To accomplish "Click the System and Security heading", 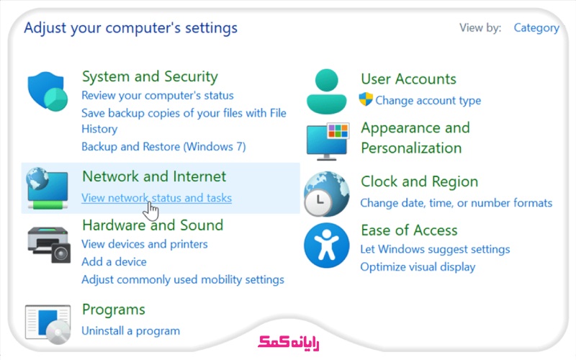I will coord(150,76).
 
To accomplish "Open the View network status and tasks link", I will coord(156,198).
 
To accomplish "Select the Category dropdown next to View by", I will coord(536,28).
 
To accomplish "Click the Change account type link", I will coord(428,101).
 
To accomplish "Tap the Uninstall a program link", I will coord(130,331).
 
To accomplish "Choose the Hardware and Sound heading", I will coord(153,225).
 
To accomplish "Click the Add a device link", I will coord(114,262).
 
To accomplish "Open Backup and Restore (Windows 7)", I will coord(163,147).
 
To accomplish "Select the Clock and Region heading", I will coord(419,182).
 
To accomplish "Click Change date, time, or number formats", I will coord(456,203).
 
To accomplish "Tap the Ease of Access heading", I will coord(409,230).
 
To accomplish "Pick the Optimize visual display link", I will coord(418,267).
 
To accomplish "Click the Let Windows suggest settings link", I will coord(435,249).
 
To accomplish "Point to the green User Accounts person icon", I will coord(326,91).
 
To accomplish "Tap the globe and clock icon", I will coord(326,194).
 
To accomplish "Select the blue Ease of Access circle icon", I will coord(326,246).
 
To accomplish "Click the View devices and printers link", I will coord(144,244).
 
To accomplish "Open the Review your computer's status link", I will coord(157,95).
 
